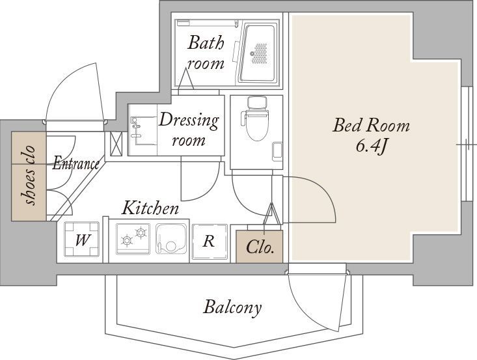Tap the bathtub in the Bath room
point(257,53)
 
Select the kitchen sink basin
point(171,239)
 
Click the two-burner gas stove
point(133,239)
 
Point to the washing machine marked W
point(82,240)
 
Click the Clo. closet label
point(260,247)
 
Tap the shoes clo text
point(29,176)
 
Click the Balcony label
point(232,307)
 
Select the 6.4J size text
point(371,146)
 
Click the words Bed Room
point(371,126)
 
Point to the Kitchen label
point(150,208)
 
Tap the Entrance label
point(75,164)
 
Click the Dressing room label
point(189,130)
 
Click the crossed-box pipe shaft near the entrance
point(116,143)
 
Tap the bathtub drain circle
point(252,53)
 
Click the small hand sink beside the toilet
point(277,152)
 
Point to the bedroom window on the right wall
point(466,144)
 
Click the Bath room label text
point(206,53)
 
